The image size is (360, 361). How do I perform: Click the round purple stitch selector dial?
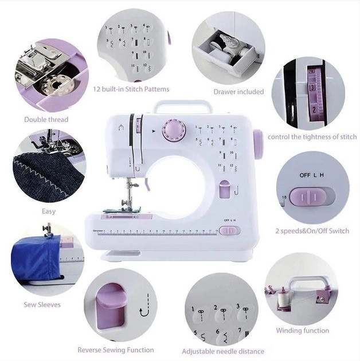click(174, 131)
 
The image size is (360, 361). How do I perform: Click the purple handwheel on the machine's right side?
click(258, 144)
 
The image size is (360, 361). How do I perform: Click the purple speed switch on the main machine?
click(229, 230)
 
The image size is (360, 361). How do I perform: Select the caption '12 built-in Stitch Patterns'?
click(131, 89)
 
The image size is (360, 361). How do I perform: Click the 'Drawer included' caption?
click(238, 92)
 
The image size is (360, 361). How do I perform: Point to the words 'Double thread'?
click(46, 120)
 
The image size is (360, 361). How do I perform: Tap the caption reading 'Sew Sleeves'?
click(42, 305)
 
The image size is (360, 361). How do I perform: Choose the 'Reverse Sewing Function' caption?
click(116, 350)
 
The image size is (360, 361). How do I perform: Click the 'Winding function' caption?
click(303, 331)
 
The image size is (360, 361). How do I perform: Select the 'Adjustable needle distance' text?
click(223, 351)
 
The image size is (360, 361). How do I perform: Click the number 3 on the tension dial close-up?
click(312, 88)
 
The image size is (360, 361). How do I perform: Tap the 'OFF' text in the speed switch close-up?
click(305, 175)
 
